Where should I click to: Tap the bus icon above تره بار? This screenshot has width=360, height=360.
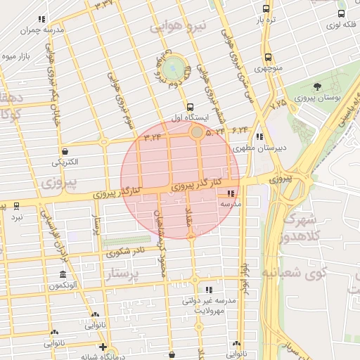(265, 8)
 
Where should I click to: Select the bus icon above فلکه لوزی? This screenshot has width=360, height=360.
(341, 13)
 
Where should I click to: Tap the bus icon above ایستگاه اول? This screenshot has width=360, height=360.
(191, 105)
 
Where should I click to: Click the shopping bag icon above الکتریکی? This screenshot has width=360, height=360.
(65, 151)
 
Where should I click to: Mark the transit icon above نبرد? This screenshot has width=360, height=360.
(16, 207)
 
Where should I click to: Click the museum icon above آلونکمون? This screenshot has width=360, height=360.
(63, 274)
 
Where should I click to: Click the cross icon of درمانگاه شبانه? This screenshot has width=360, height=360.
(103, 347)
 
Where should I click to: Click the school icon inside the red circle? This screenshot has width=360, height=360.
(230, 193)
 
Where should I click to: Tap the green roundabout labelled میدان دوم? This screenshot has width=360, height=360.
(174, 69)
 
